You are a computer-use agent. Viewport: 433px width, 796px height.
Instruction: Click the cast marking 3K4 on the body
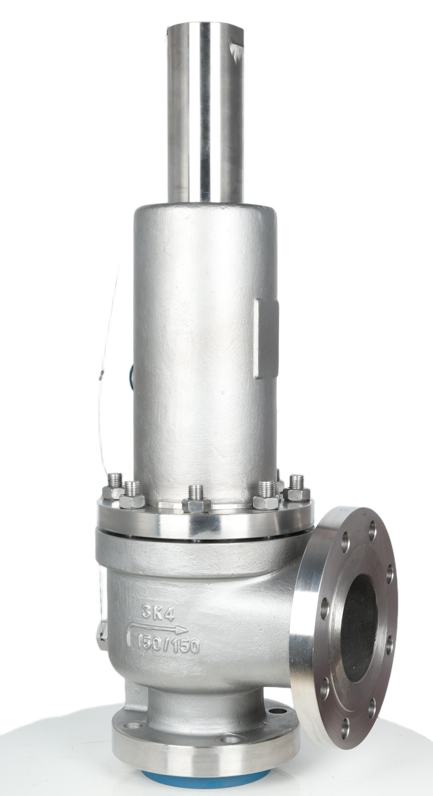pos(158,613)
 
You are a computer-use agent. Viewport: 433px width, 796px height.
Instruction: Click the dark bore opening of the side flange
pos(359,628)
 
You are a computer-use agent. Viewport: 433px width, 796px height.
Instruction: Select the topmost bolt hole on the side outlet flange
pos(372,531)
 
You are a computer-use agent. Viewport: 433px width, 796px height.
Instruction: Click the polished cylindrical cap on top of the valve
pos(205,112)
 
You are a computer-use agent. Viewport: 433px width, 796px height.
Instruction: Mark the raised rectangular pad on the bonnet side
pos(266,339)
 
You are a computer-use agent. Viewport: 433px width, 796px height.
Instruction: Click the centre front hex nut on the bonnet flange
pos(196,500)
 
